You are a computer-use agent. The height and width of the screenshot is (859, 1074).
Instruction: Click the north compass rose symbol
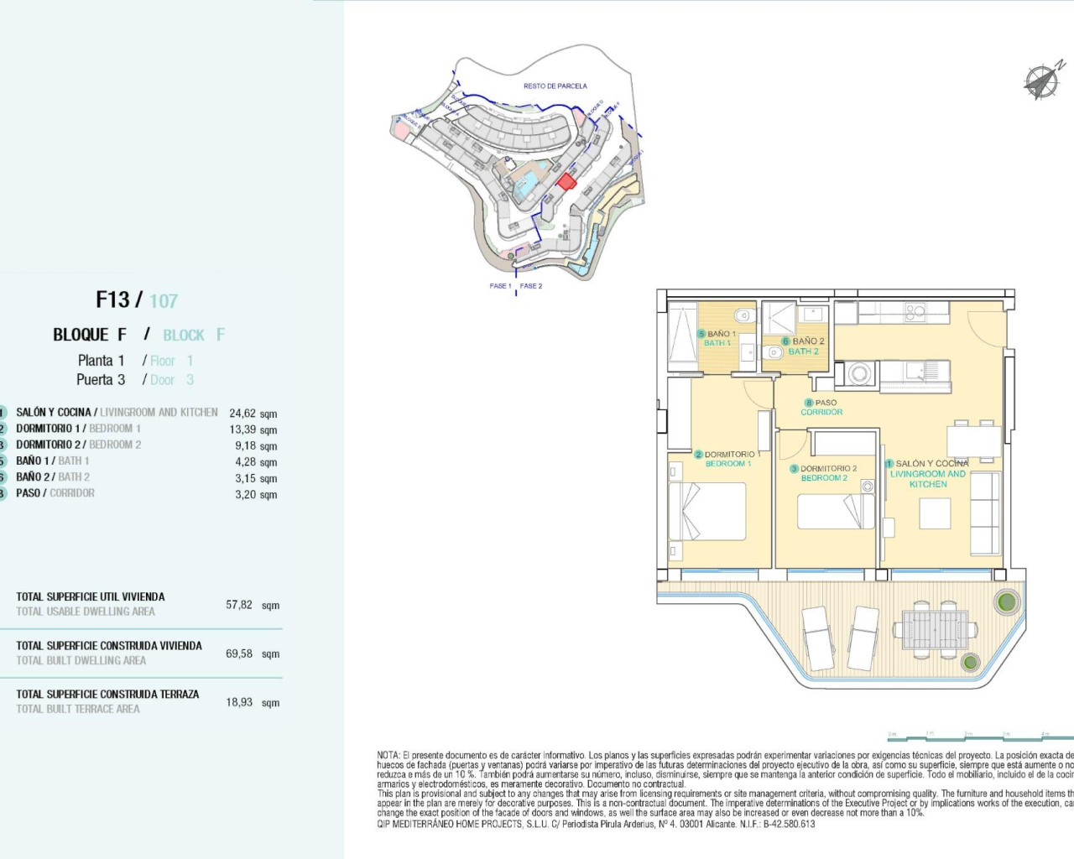[1043, 81]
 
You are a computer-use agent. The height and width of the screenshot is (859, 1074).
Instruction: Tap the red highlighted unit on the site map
[567, 181]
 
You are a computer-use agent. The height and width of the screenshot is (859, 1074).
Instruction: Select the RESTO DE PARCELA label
[555, 86]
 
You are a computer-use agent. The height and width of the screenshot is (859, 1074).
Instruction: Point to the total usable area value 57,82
[239, 605]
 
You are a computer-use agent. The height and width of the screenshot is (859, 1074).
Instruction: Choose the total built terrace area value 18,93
[239, 702]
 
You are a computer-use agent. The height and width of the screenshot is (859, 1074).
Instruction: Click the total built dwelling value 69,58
[239, 653]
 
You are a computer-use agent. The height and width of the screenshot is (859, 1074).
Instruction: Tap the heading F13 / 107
[136, 300]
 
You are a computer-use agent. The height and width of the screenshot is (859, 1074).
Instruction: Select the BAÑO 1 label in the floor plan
[720, 338]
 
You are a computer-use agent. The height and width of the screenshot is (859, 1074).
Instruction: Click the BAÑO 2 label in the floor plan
[806, 346]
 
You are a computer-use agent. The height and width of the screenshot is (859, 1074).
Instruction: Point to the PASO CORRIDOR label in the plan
[822, 408]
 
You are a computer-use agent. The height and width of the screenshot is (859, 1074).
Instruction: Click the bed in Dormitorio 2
[834, 512]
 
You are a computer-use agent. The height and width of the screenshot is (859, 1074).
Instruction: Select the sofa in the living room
[985, 513]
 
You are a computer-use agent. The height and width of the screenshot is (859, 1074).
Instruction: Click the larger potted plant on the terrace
[1005, 601]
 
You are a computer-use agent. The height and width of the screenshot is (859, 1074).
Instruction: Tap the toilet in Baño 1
[742, 316]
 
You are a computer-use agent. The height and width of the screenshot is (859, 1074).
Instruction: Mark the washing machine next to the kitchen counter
[858, 373]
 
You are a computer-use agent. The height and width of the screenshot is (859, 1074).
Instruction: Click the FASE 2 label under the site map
[531, 286]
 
